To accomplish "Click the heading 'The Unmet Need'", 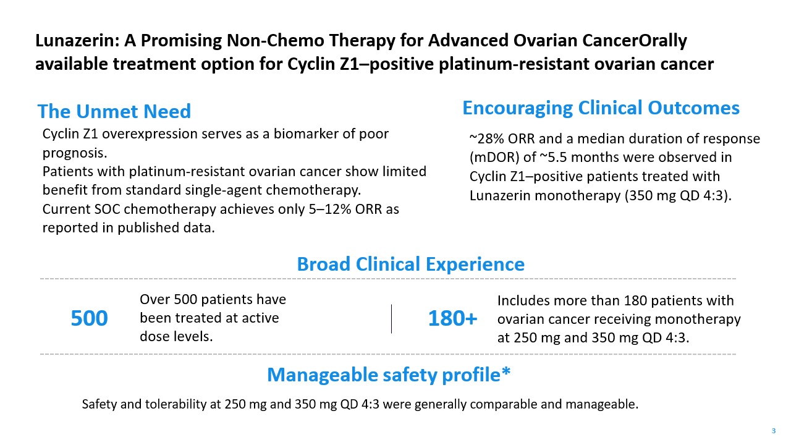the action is coord(114,111).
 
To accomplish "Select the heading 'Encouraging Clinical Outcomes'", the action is coord(601,108).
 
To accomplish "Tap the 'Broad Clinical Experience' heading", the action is coord(411,264).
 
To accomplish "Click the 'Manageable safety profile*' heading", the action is coord(389,375).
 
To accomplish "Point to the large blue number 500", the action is coord(89,318).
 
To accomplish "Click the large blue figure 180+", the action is coord(453,318).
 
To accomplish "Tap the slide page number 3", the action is coord(773,431).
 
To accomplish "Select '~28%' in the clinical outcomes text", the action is coord(486,139).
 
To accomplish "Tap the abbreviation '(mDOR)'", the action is coord(494,158).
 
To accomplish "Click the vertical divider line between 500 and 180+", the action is coord(391,318).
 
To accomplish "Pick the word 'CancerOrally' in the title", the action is coord(635,41).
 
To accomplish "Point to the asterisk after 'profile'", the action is coord(505,371).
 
